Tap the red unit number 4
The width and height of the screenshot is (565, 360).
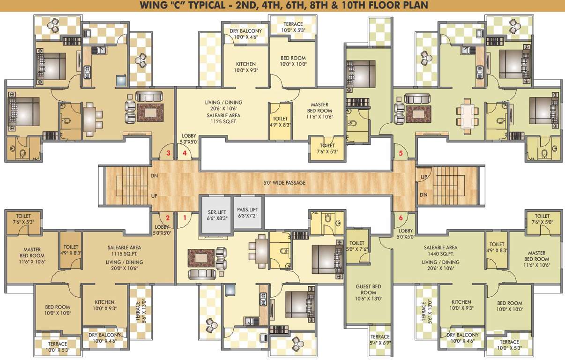click(185, 153)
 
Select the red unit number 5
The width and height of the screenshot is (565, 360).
click(401, 153)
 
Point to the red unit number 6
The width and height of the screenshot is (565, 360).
click(401, 217)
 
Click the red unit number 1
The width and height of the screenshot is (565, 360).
click(185, 217)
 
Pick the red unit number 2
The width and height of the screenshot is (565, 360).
click(167, 217)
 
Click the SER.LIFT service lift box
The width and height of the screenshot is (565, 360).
click(216, 215)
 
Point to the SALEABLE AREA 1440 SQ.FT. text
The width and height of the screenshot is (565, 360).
click(440, 251)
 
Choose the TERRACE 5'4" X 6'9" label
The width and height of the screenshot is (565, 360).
click(379, 340)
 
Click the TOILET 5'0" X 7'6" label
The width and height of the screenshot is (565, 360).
click(357, 246)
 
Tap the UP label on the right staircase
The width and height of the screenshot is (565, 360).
click(424, 178)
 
